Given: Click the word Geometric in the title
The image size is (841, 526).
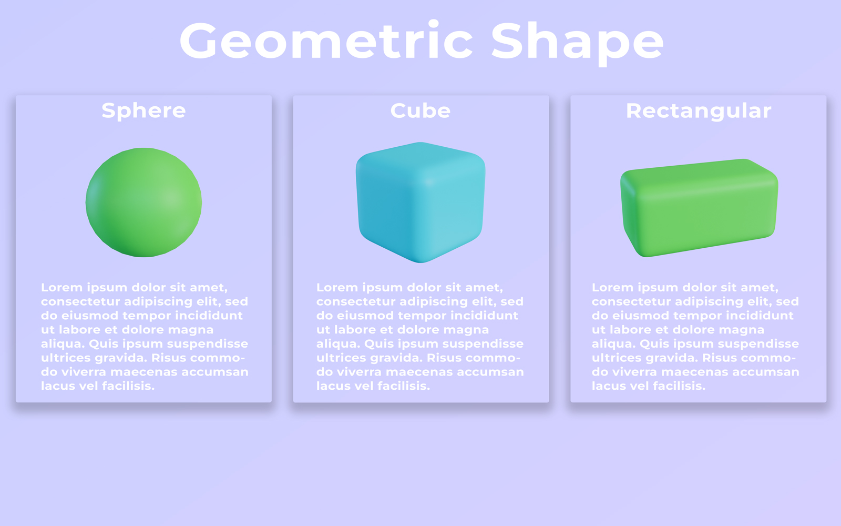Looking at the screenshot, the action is [326, 40].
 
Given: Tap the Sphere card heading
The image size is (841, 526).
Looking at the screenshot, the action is [144, 111].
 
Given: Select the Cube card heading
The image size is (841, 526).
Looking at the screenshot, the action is [420, 110].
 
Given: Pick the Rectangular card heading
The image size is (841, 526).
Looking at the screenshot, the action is [699, 111].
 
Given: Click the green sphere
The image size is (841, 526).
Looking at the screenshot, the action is [144, 203].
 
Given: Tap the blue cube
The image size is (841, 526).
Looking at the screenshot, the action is [420, 203].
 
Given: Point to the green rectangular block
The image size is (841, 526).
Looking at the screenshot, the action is [699, 208].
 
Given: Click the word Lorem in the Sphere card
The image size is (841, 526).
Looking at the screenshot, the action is [61, 287].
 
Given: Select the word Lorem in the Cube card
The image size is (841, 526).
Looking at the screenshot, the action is [337, 287].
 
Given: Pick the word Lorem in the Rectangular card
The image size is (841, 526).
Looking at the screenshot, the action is [612, 287].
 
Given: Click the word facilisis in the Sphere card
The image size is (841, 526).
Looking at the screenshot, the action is [128, 386].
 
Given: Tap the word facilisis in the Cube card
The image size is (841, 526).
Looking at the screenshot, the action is [404, 386].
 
